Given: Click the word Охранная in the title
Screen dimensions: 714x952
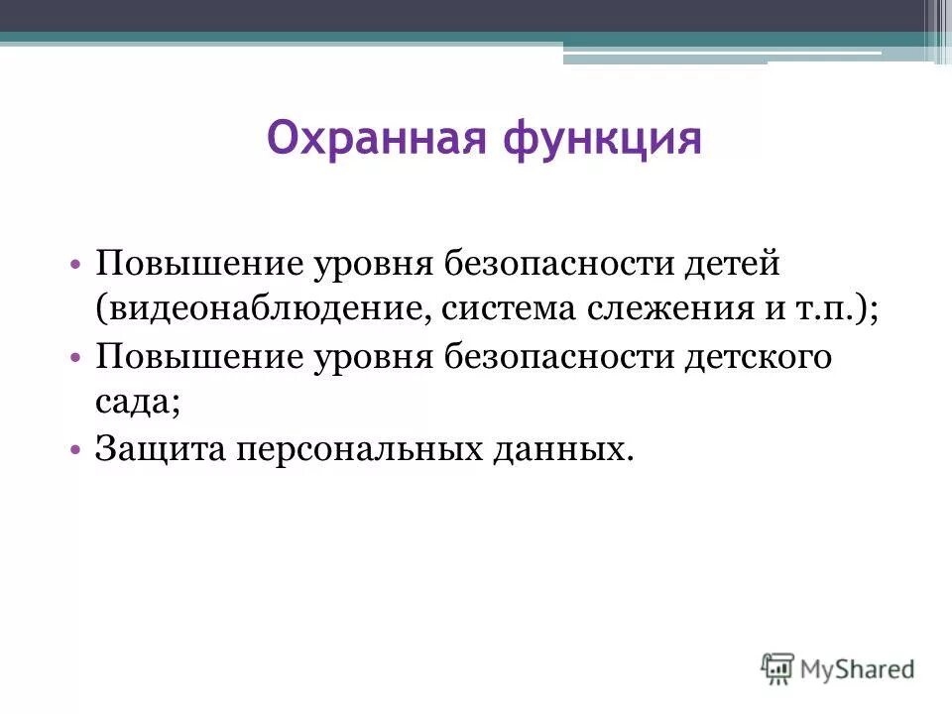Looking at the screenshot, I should [x=378, y=138].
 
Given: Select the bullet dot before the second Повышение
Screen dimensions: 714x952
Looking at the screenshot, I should [x=75, y=357].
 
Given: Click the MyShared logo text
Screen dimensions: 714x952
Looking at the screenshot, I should [x=858, y=668].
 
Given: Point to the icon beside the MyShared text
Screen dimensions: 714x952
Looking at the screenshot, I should [x=778, y=667].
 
